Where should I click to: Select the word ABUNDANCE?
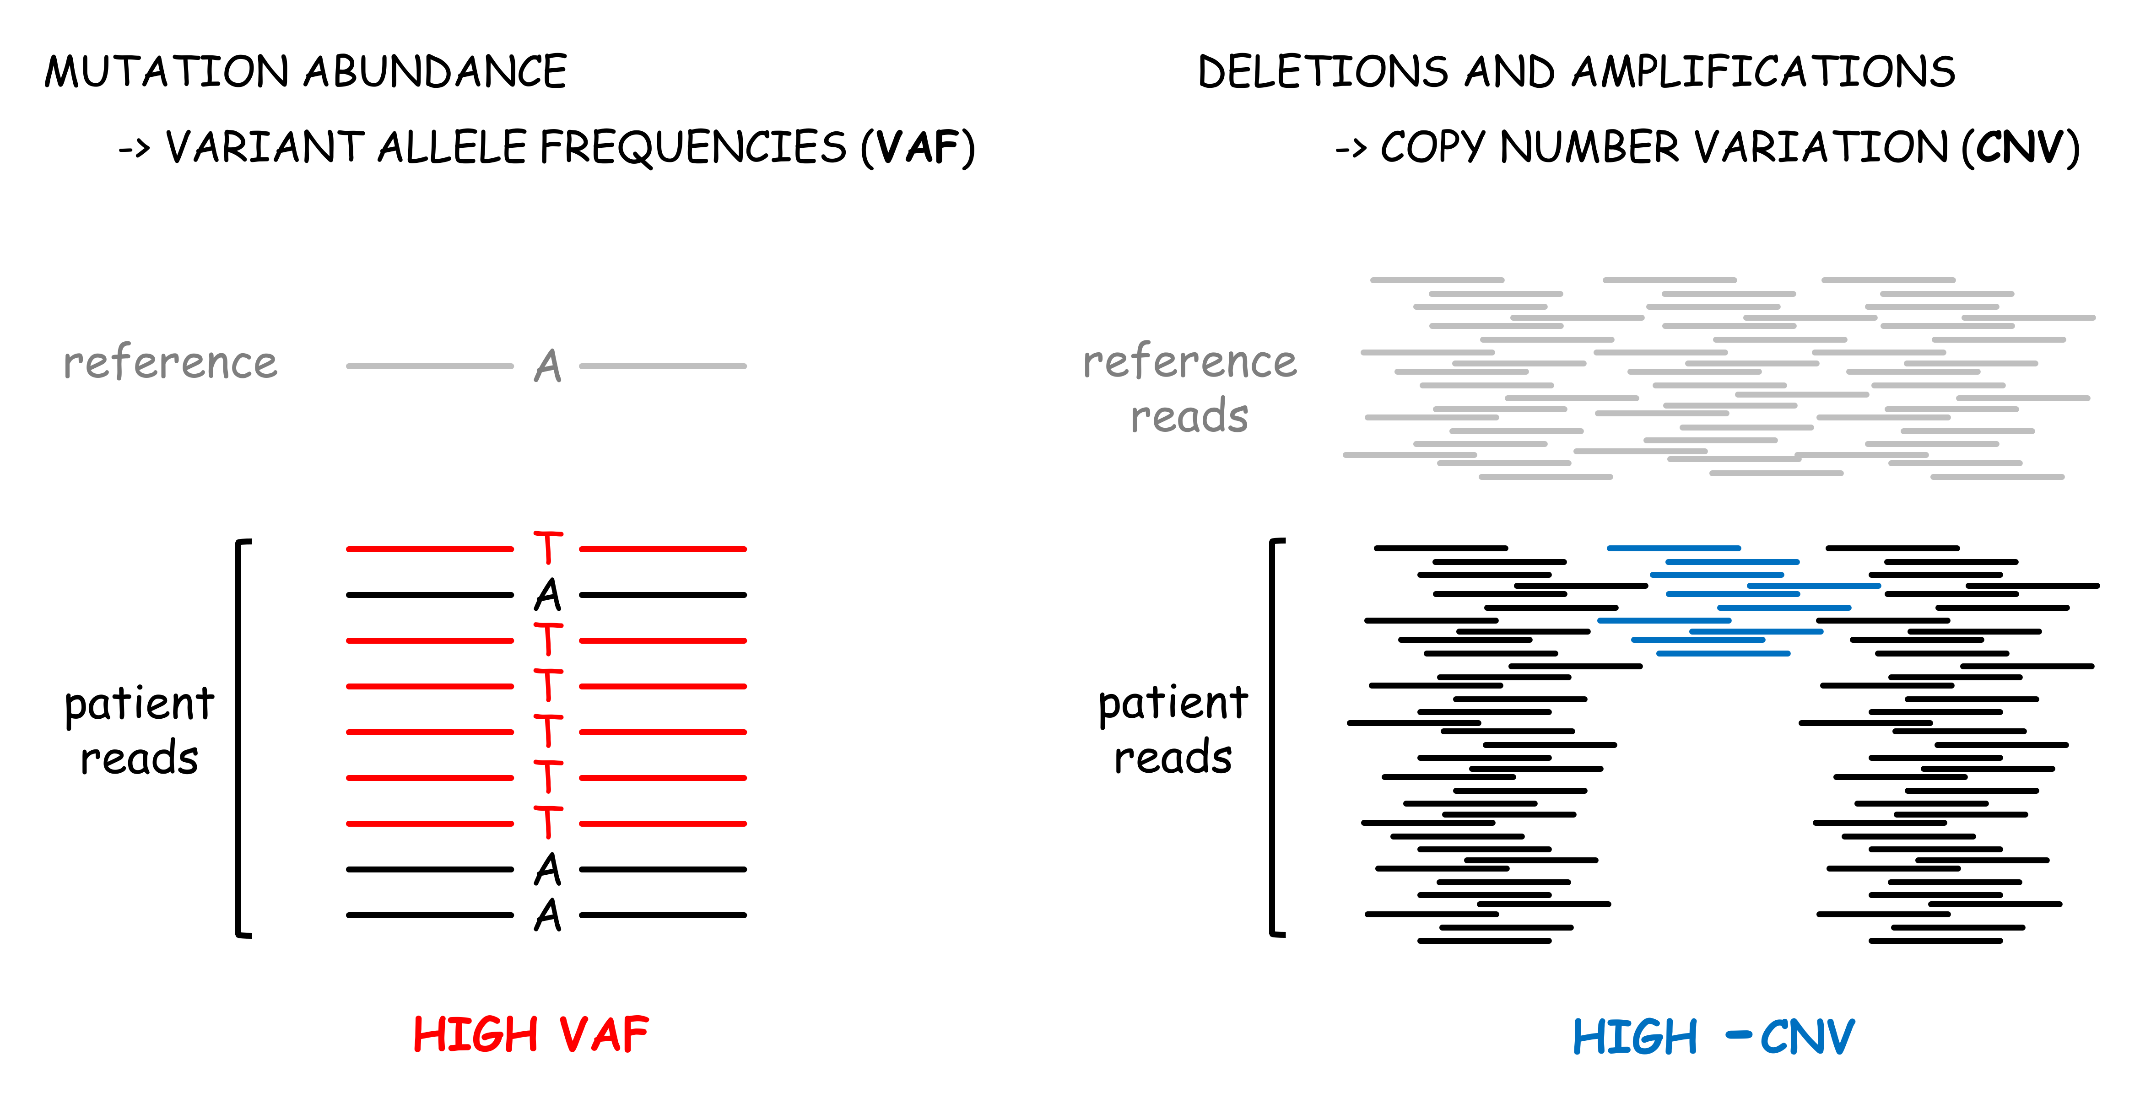tap(435, 72)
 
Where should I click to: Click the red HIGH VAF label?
tap(531, 1035)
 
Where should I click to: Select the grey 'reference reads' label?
tap(1189, 388)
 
